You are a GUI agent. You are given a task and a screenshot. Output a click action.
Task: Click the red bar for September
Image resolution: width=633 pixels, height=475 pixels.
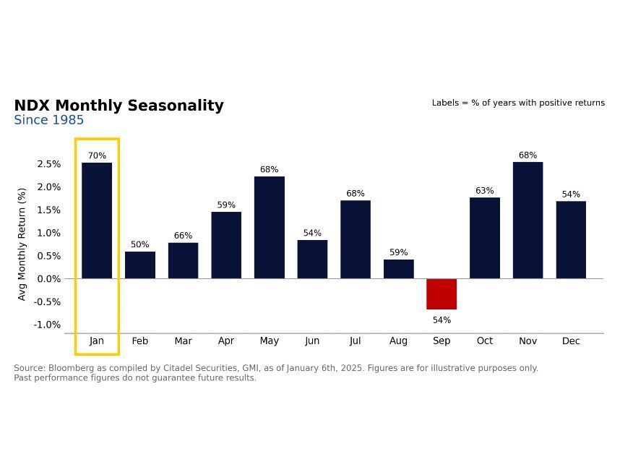tap(442, 294)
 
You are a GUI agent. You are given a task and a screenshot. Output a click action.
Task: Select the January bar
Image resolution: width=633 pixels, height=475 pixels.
tap(97, 221)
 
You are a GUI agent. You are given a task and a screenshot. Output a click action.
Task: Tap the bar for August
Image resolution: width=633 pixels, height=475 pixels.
tap(398, 269)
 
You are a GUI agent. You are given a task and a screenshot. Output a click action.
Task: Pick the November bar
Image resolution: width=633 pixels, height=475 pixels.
tap(527, 220)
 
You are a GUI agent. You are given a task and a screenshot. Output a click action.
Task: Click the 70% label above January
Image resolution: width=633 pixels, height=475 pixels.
tap(97, 155)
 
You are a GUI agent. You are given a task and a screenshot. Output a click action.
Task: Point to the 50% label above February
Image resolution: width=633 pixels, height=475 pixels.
tap(139, 245)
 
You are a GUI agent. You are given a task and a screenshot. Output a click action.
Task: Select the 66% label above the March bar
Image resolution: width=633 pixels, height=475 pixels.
tap(183, 236)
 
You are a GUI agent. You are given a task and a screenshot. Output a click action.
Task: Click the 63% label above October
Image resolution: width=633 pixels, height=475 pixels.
tap(484, 191)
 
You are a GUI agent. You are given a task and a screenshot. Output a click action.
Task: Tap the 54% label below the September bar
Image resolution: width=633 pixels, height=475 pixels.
tap(442, 320)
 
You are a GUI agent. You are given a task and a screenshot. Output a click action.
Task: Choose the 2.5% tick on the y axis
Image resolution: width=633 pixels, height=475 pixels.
tap(48, 164)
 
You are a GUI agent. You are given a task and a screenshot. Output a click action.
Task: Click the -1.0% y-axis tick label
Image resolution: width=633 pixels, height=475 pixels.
tap(47, 325)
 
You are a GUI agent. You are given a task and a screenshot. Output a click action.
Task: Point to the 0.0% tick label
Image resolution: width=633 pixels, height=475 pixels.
tap(48, 279)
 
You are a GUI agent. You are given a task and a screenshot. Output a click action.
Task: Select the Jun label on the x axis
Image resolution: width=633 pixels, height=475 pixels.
tap(312, 341)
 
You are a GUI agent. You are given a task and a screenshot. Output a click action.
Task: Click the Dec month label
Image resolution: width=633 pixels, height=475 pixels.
tap(571, 341)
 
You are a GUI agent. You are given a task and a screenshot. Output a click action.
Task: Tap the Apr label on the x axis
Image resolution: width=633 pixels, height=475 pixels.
tap(226, 341)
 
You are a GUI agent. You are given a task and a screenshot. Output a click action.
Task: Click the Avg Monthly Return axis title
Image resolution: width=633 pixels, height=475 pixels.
tap(22, 244)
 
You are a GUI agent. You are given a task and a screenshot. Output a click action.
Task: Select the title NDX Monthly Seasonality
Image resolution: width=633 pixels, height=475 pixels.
tap(119, 106)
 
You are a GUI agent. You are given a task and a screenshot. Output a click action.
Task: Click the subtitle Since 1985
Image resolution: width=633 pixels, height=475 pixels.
tap(48, 120)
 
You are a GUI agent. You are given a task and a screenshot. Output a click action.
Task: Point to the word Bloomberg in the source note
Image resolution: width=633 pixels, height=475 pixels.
tap(71, 368)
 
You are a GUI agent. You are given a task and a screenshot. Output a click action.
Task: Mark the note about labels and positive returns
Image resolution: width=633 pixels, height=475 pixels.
tap(518, 103)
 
